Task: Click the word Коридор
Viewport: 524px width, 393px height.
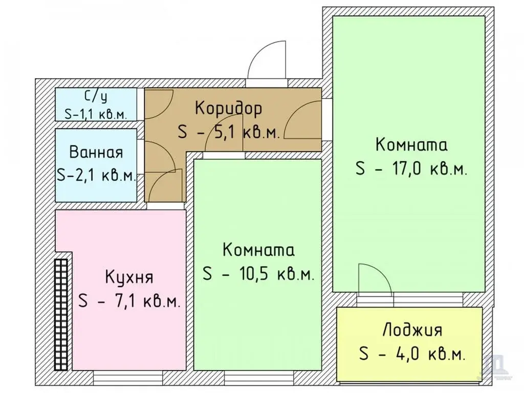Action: [x=229, y=108]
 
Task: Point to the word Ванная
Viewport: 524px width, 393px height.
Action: [x=96, y=152]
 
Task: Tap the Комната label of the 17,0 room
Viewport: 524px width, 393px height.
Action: [x=411, y=145]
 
